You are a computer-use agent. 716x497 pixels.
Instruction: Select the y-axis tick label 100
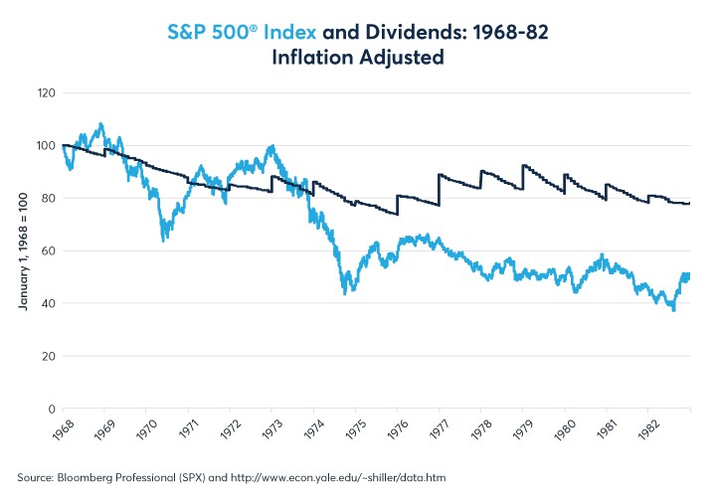(x=45, y=145)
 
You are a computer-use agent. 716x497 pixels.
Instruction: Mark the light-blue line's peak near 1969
(x=100, y=124)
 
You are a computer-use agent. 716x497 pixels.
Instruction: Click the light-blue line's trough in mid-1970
(x=163, y=240)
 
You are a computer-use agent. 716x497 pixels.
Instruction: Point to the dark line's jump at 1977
(x=439, y=189)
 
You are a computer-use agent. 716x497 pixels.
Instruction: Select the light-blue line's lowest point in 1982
(x=673, y=310)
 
